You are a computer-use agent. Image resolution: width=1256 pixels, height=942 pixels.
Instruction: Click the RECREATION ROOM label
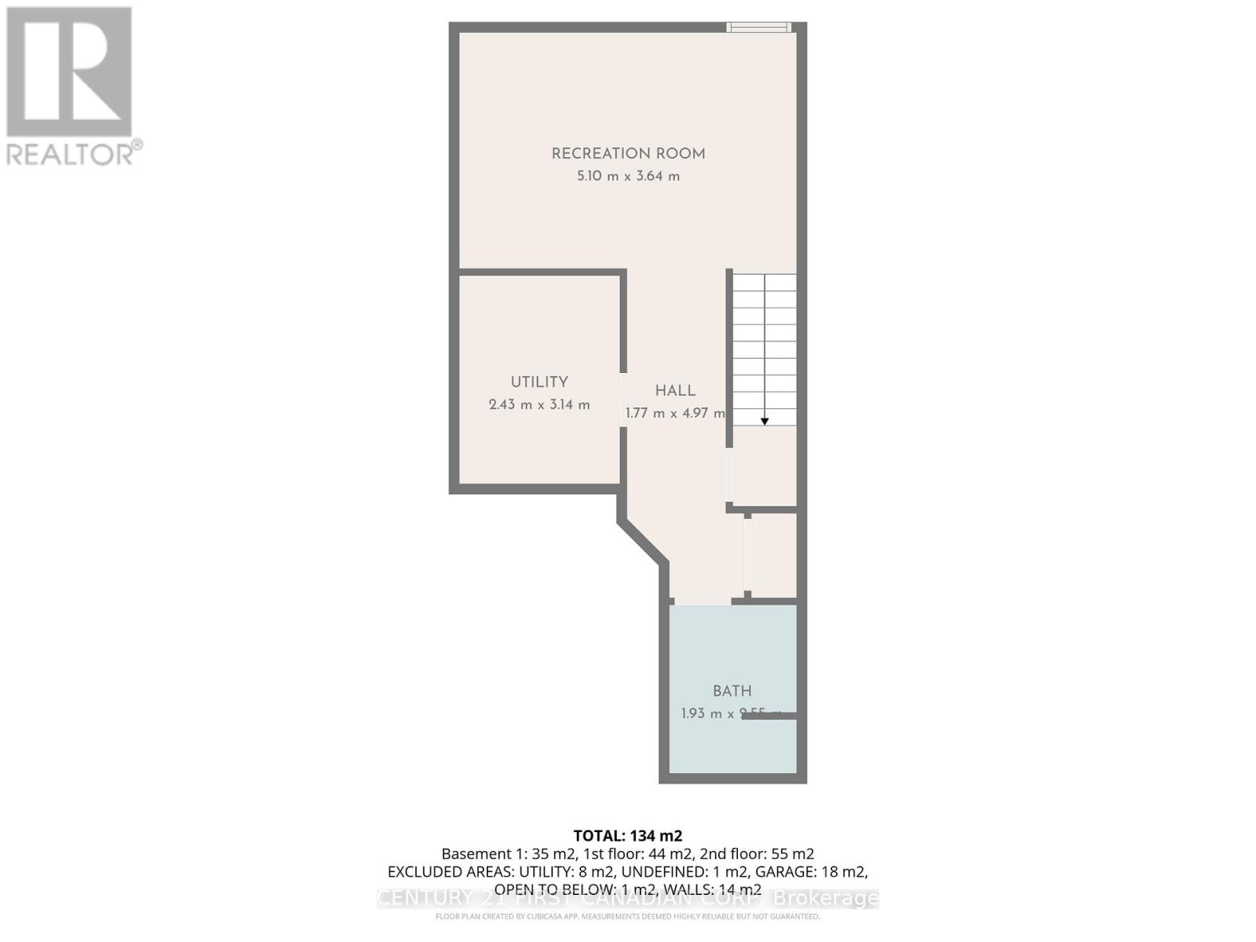[628, 154]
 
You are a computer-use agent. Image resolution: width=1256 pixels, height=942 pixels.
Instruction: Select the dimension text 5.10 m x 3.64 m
[628, 177]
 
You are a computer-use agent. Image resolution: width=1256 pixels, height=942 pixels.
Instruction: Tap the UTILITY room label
[539, 382]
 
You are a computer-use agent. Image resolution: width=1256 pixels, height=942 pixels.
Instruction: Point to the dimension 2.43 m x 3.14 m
[539, 405]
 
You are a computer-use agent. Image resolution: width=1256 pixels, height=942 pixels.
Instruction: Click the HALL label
[675, 391]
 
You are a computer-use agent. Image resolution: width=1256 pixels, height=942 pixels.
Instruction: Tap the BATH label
[732, 692]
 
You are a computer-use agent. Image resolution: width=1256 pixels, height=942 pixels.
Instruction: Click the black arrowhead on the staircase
[765, 422]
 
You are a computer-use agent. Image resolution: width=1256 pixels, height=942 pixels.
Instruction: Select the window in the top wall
[758, 27]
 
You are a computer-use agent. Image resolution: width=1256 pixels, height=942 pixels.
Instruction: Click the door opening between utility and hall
[623, 400]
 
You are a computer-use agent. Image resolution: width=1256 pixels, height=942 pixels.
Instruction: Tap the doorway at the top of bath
[703, 602]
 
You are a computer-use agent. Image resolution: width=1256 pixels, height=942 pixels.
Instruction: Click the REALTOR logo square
[69, 72]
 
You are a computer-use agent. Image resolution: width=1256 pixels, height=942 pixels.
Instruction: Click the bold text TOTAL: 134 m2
[628, 836]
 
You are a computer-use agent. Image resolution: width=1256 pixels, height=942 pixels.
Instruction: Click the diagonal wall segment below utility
[643, 541]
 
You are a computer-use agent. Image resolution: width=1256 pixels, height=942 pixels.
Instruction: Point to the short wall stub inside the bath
[769, 716]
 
